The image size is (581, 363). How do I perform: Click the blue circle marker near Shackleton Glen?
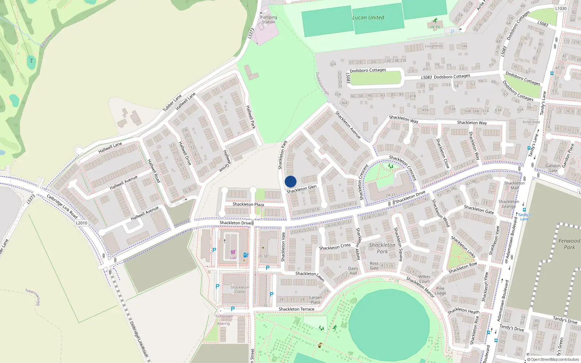(290, 181)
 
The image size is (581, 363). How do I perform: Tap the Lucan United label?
(368, 17)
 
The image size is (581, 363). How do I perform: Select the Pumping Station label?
(268, 20)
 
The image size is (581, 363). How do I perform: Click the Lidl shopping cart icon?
(233, 252)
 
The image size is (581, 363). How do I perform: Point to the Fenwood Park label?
(569, 244)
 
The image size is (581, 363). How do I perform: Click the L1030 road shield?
(561, 8)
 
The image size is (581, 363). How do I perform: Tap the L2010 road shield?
(81, 223)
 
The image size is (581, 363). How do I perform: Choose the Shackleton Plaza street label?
(248, 204)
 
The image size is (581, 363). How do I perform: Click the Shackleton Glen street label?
(301, 189)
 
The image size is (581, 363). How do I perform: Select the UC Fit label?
(435, 27)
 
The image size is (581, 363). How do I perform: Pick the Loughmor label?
(434, 46)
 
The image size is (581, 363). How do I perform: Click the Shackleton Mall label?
(514, 185)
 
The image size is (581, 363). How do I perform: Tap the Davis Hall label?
(353, 271)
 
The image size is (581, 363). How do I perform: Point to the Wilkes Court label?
(424, 279)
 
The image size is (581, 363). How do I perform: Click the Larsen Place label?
(316, 300)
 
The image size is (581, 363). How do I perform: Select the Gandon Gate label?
(553, 168)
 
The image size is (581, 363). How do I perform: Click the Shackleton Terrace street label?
(296, 309)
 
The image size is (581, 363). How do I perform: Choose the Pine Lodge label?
(440, 291)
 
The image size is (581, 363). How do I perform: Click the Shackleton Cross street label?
(335, 247)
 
